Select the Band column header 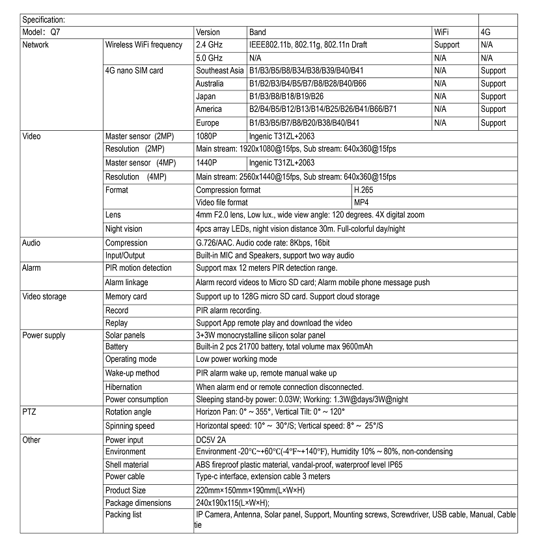257,32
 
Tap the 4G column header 485,32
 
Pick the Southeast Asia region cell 219,70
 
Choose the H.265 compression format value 363,190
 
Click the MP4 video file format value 361,202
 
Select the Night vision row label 124,229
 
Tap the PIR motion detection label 138,268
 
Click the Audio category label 31,243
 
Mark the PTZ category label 29,412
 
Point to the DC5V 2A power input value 212,440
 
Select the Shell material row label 126,465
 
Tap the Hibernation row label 123,387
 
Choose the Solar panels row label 125,335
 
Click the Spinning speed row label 130,426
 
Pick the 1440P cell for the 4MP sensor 206,163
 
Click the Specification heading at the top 44,20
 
